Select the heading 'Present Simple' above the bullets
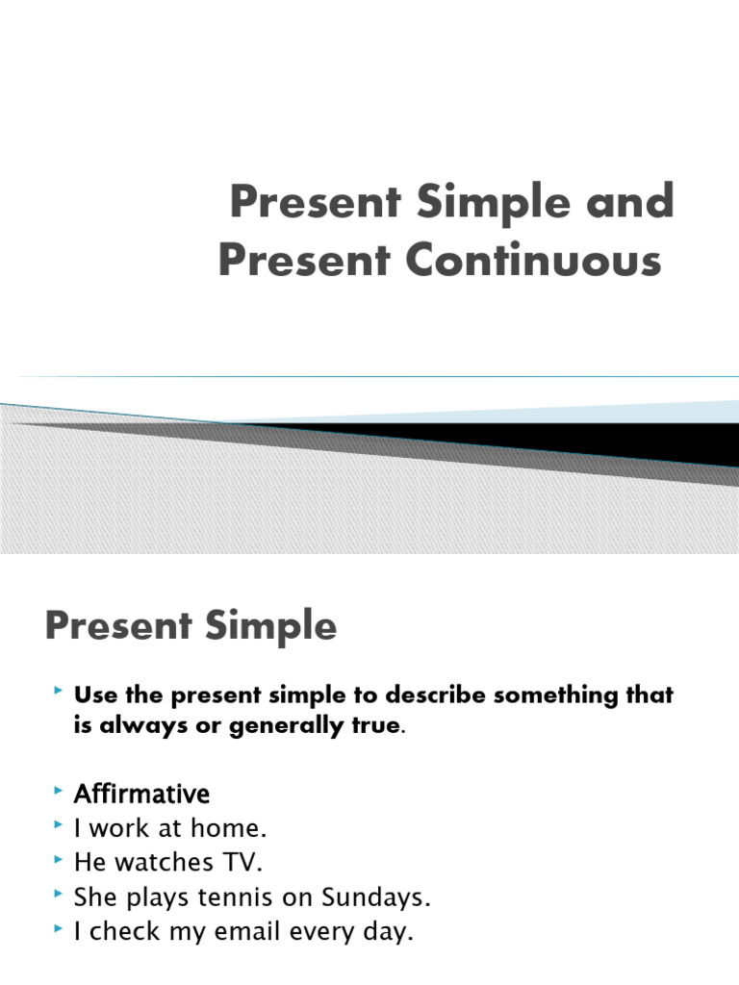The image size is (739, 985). (x=191, y=627)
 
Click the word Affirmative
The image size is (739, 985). (x=141, y=795)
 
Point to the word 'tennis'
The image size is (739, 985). (x=232, y=898)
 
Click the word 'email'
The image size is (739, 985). (x=267, y=933)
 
